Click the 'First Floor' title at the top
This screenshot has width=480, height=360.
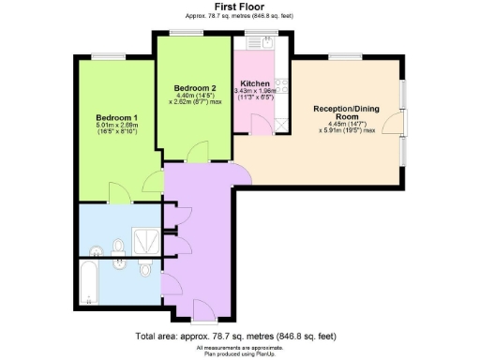coord(239,6)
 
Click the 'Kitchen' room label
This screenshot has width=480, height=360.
coord(255,82)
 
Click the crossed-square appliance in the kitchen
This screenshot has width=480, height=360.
coord(281,128)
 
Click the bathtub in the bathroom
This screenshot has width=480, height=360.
coord(89,283)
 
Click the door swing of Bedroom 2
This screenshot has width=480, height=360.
coord(198,153)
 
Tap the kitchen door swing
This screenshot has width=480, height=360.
coord(240,171)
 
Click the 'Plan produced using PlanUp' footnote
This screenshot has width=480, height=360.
coord(239,352)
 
